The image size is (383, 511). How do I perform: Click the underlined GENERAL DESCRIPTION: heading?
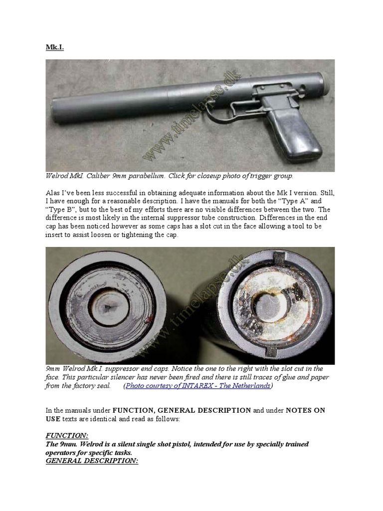tap(92, 462)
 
